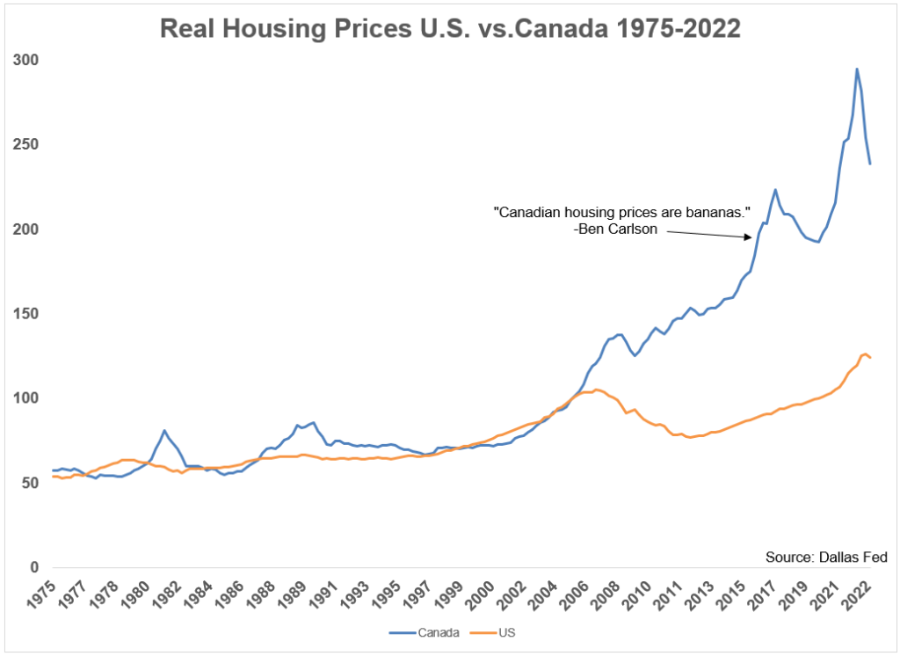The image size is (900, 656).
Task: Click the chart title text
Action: coord(450,28)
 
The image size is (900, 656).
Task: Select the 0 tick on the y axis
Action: coord(35,567)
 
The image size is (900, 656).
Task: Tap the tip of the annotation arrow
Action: coord(752,237)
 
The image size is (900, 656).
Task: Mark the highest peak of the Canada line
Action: coord(857,69)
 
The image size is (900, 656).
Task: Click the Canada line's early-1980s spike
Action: coord(164,430)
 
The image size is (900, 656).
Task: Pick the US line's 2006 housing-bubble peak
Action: coord(596,390)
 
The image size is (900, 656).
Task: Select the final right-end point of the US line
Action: coord(871,357)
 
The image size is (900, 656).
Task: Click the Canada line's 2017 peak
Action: coord(775,189)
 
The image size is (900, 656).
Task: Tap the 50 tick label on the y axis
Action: coord(31,483)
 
